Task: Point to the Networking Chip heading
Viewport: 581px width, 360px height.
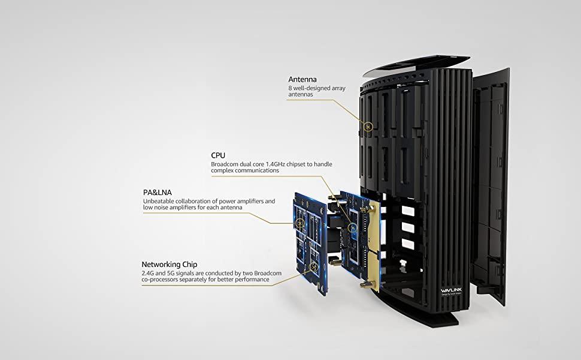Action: pos(170,263)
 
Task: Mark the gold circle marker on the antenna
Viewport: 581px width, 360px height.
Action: pos(369,127)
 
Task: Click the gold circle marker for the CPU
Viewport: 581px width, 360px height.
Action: pos(352,229)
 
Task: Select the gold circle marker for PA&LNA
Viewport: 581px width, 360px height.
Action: pos(299,223)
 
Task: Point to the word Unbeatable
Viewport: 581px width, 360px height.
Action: pos(160,201)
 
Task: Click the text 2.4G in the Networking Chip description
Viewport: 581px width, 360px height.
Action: pos(148,272)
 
